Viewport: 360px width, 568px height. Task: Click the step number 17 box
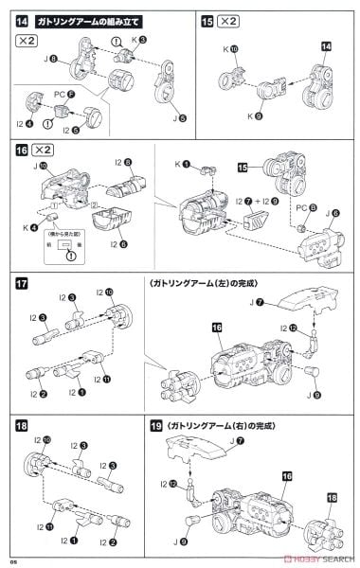[23, 283]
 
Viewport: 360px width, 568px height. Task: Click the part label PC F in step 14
[63, 93]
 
